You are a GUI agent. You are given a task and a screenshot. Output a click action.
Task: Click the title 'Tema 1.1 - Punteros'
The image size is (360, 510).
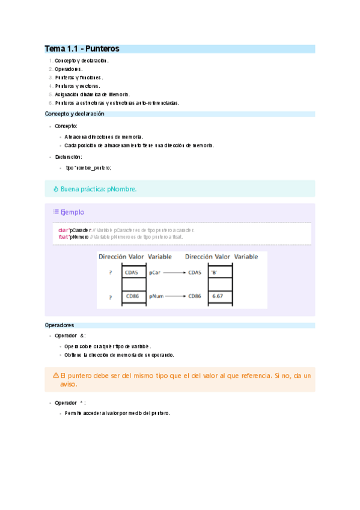point(82,48)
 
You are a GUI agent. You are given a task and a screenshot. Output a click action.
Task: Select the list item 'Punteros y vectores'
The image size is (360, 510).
point(78,86)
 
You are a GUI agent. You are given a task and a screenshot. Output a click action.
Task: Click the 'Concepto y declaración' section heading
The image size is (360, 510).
point(75,114)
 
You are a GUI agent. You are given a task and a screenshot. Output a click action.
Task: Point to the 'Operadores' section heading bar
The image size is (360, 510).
point(180,325)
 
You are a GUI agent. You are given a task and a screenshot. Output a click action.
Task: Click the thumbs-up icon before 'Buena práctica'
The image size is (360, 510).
point(55,189)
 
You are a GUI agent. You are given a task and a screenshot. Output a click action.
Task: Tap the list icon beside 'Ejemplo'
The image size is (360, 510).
point(55,212)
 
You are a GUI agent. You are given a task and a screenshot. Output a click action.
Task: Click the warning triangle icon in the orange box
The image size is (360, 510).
point(56,375)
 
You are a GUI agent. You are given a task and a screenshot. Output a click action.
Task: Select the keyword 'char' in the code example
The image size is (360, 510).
point(63,230)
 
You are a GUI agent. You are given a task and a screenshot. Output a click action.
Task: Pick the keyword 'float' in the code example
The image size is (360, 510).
point(63,237)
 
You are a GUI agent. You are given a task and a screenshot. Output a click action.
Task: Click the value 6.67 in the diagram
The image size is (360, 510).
point(218,296)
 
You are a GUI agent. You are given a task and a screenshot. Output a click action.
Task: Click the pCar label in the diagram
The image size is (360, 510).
point(155,272)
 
